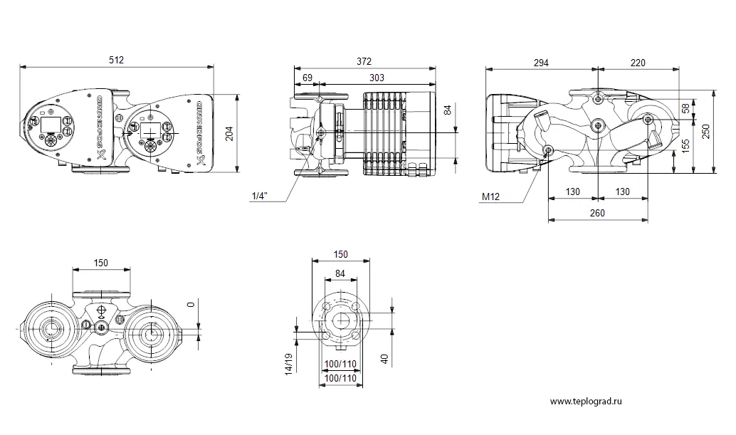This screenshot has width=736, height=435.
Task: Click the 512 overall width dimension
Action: (x=117, y=60)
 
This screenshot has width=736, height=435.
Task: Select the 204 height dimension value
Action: (x=229, y=135)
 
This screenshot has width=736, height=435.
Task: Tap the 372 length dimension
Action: (x=364, y=61)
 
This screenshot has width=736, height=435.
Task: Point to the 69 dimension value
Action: (x=307, y=78)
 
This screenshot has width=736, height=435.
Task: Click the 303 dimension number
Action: (x=377, y=78)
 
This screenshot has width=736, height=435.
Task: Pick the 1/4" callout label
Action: (x=260, y=196)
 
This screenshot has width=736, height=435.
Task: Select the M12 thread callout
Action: (x=491, y=196)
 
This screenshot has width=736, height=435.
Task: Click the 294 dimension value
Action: (x=541, y=63)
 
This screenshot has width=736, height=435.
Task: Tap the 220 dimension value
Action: (x=638, y=63)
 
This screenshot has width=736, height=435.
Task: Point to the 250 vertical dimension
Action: (x=706, y=132)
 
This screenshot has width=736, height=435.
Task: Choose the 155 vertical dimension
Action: (x=685, y=146)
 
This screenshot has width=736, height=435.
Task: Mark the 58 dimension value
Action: (x=685, y=108)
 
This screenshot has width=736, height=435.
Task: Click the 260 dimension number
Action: (x=597, y=213)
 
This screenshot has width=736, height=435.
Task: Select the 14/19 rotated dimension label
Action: (x=289, y=363)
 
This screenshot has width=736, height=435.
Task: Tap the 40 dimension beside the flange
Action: (x=385, y=360)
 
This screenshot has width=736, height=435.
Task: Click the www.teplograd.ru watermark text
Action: (x=586, y=402)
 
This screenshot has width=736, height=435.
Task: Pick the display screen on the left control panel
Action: (x=51, y=125)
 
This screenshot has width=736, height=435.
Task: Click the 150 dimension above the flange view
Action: (x=341, y=254)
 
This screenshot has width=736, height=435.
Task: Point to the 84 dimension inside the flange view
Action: (x=340, y=273)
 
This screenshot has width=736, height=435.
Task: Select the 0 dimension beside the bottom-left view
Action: (x=191, y=305)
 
